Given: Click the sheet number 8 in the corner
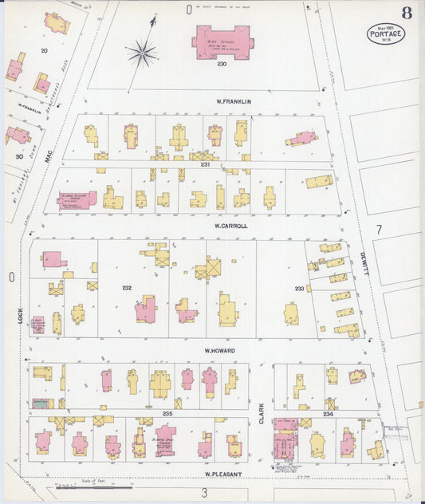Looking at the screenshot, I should pos(407,12).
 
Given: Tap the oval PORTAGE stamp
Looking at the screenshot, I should pos(386,33).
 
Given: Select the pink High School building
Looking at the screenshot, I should pos(222,41).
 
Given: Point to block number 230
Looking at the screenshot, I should pos(222,65).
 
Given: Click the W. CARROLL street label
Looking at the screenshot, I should pos(231,226).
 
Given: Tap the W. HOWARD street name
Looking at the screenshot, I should pos(219,350).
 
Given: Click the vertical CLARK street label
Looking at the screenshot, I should pos(262,411).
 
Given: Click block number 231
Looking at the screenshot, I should pos(205,164).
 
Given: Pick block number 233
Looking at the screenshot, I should pos(299,288).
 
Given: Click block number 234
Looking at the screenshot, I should pos(329,414).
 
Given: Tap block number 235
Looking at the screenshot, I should pos(167,414).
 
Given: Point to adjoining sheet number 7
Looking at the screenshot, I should pos(380,229).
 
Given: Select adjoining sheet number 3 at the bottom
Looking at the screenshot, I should pos(204,492).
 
